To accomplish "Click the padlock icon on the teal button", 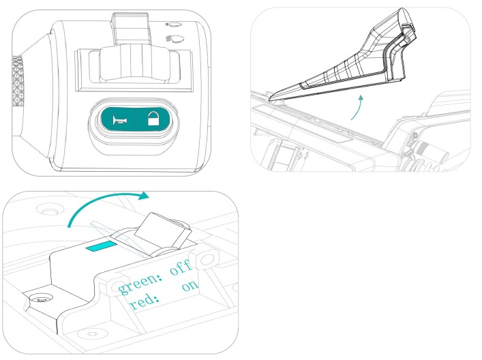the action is coord(153,119).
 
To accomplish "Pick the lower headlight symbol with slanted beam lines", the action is coord(175,39).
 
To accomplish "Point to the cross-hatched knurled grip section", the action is coord(18,81).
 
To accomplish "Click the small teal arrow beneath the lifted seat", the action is coord(357,107).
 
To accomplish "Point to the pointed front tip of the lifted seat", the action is coord(271,98).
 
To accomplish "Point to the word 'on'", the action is coord(190,286).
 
